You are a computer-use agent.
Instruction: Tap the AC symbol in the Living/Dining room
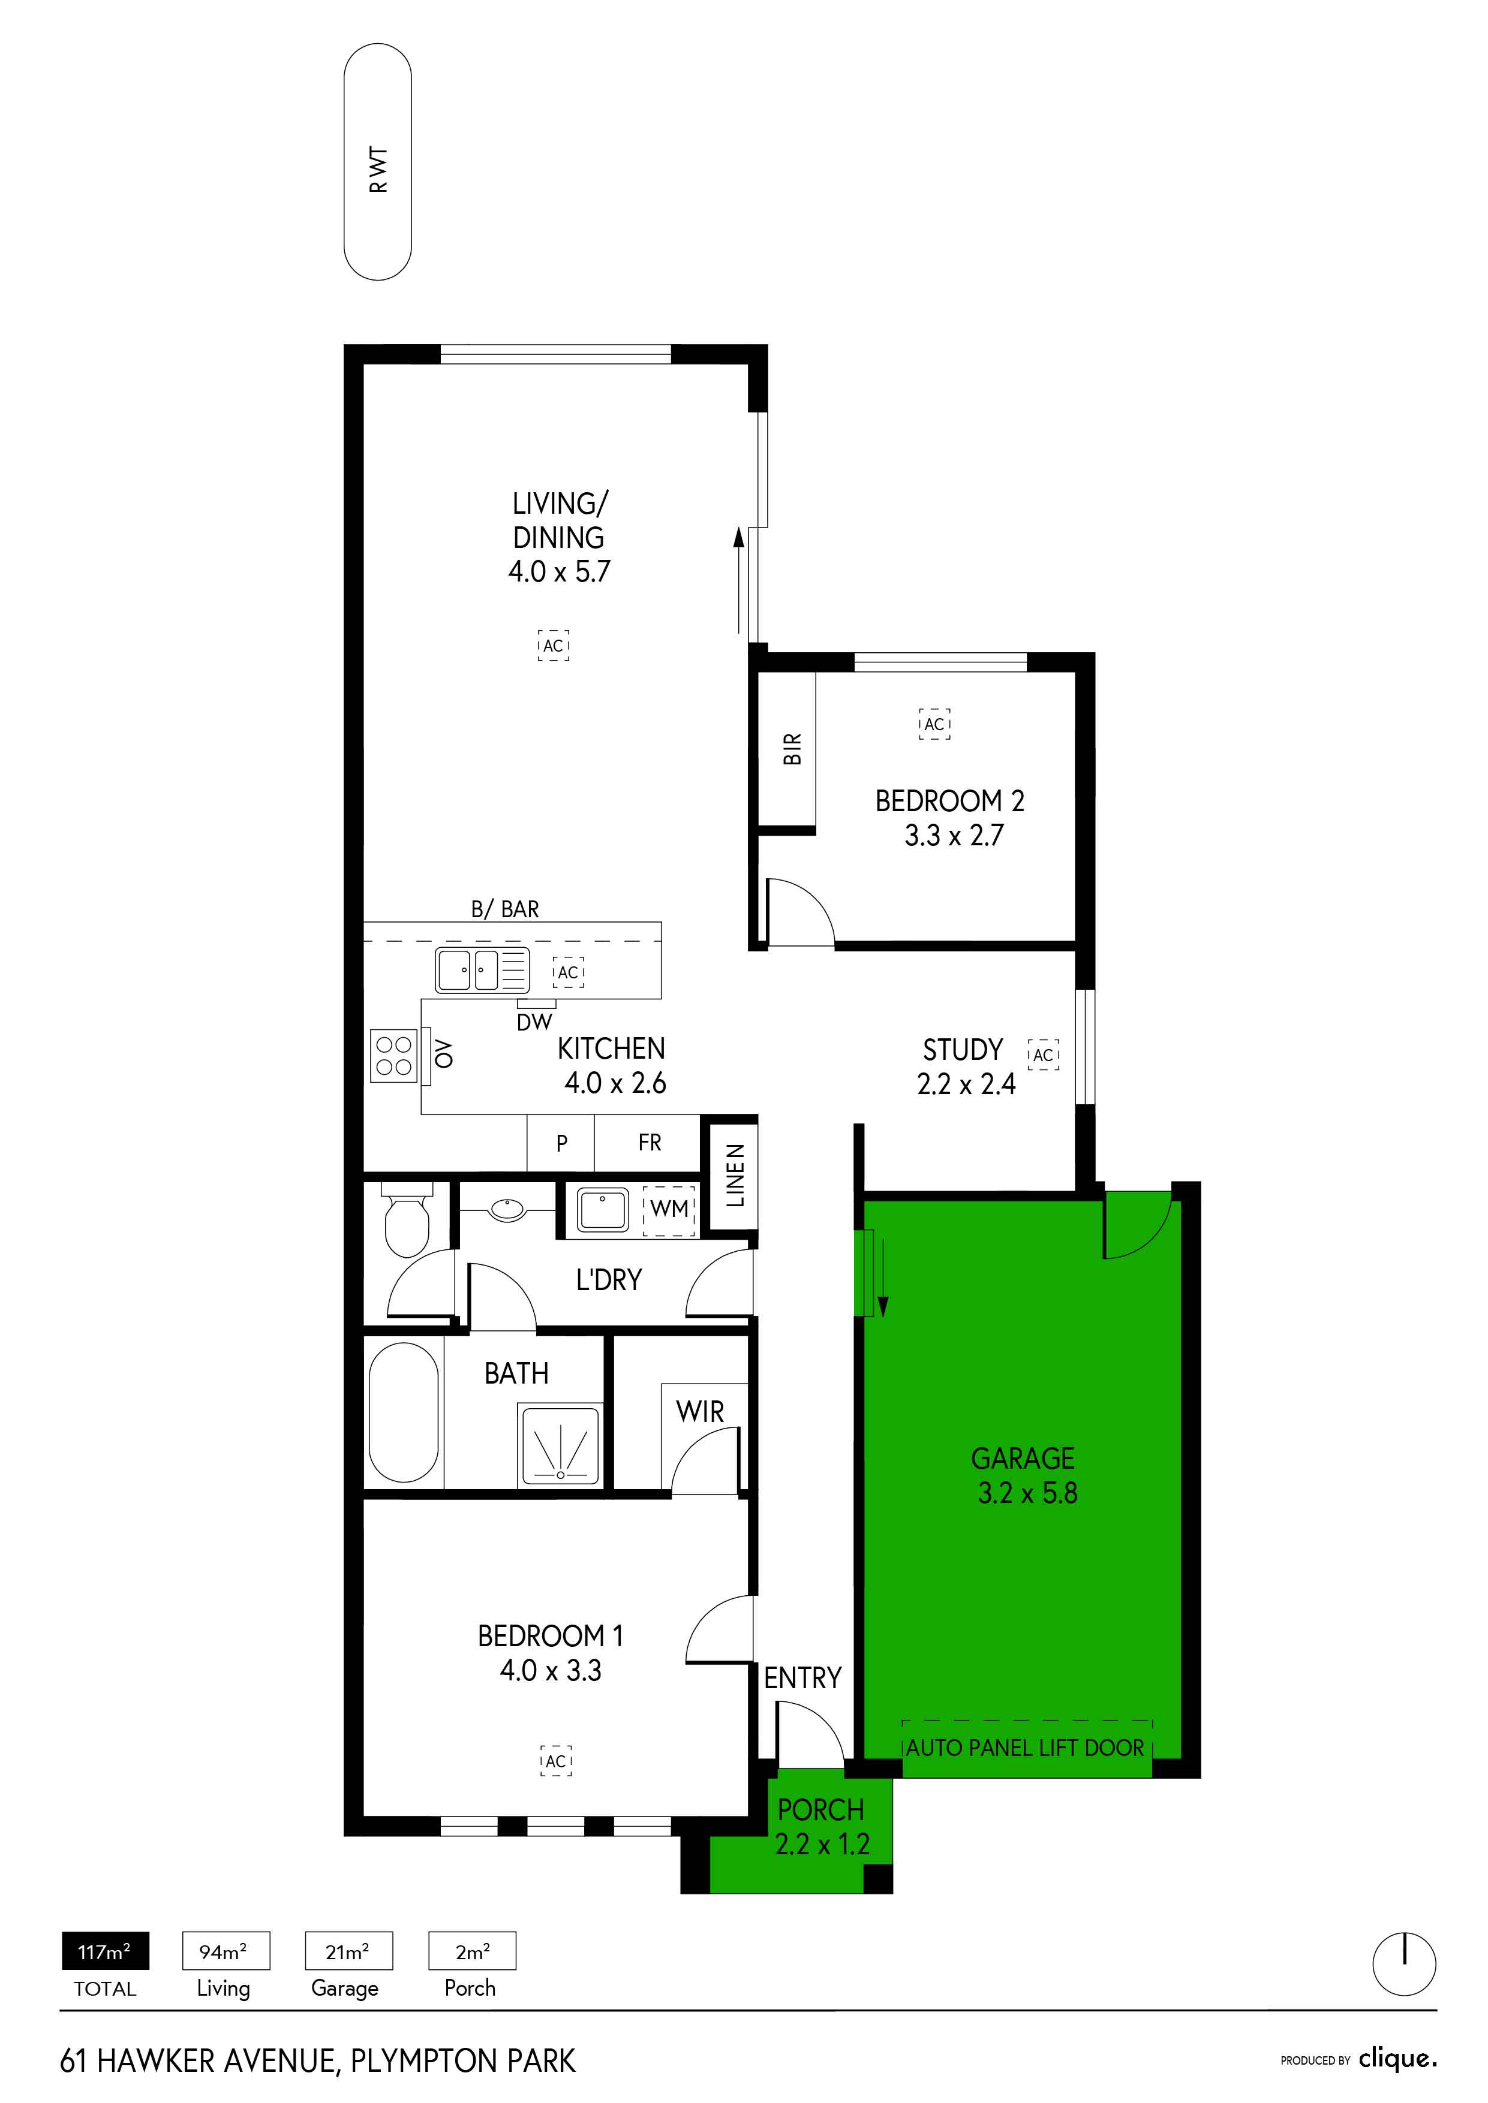point(554,645)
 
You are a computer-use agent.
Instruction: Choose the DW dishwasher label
point(535,1022)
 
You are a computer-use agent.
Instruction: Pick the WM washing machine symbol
point(669,1209)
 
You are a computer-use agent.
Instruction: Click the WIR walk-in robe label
point(700,1411)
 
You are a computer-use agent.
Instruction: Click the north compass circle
point(1403,1964)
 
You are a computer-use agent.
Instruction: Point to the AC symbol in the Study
point(1044,1054)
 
